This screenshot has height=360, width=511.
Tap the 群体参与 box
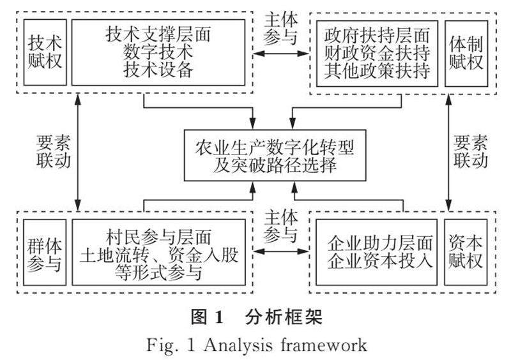pyautogui.click(x=45, y=253)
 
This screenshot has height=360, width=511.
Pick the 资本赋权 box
pyautogui.click(x=466, y=253)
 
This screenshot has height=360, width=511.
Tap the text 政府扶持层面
pyautogui.click(x=377, y=36)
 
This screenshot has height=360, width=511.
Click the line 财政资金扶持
pyautogui.click(x=377, y=53)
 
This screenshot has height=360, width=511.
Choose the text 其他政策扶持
pyautogui.click(x=377, y=70)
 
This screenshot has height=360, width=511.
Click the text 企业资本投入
pyautogui.click(x=380, y=260)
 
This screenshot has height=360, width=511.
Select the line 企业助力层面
pyautogui.click(x=380, y=243)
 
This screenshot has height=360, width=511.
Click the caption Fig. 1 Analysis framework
pyautogui.click(x=255, y=345)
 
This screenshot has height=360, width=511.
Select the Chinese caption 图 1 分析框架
pyautogui.click(x=255, y=317)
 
